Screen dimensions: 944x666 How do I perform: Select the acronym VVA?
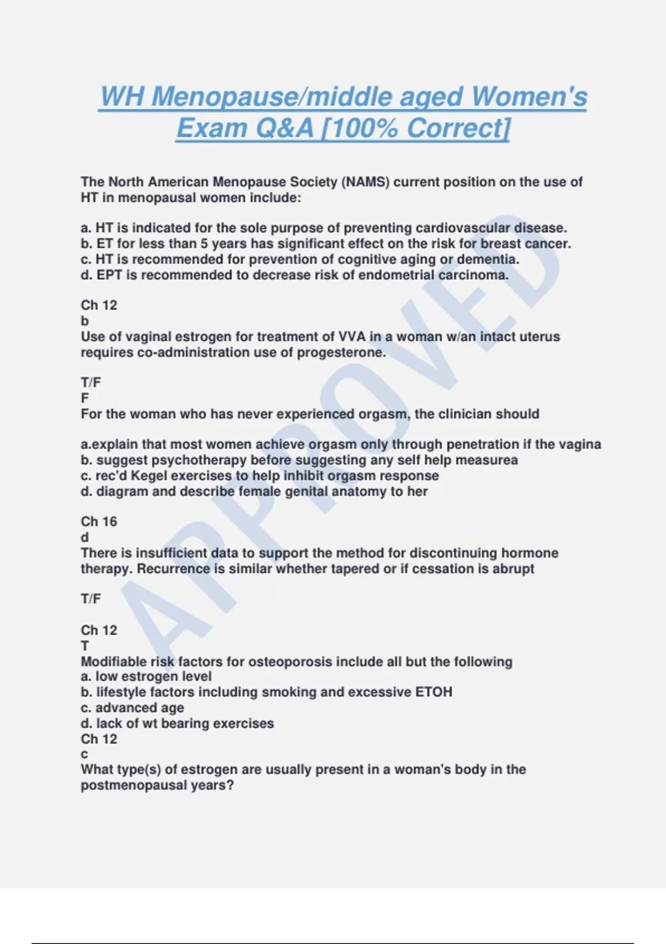[350, 337]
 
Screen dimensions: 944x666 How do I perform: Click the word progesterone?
[341, 352]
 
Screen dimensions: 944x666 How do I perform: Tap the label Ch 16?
[99, 521]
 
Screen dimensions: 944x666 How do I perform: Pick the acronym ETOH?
[433, 692]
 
